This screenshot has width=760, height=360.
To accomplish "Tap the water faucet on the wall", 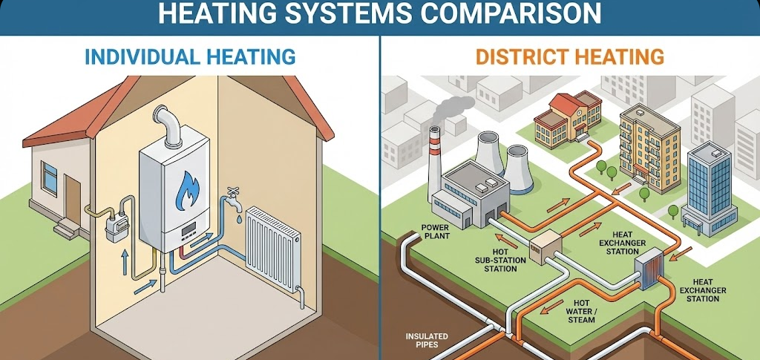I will coord(229,200).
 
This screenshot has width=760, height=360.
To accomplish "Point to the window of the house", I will coord(50,178).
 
